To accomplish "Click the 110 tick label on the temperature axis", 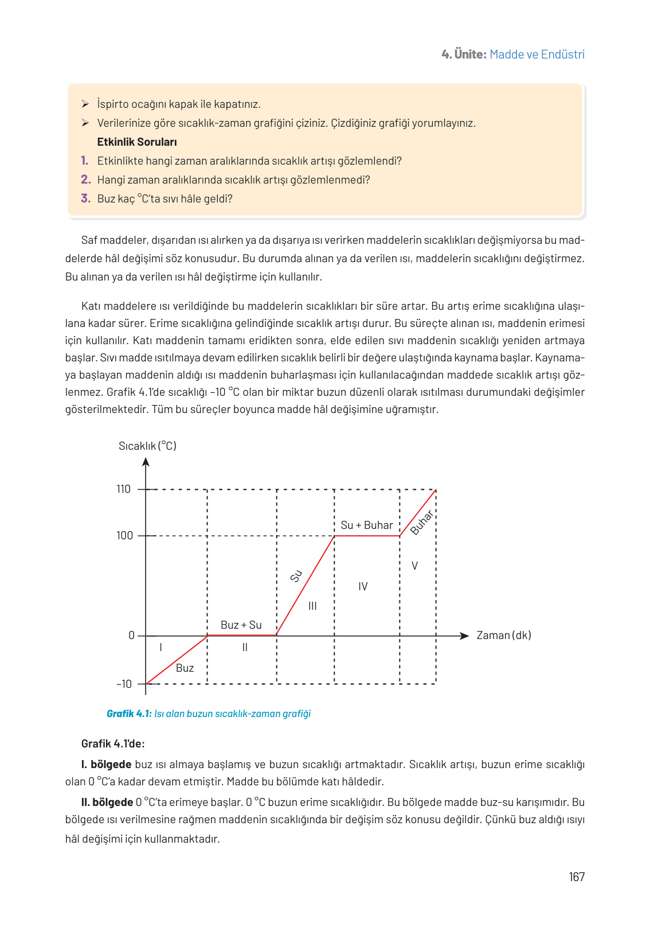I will (123, 489).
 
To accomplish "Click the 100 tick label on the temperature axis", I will (124, 536).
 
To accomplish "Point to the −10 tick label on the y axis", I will (124, 684).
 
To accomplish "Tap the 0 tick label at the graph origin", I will (131, 636).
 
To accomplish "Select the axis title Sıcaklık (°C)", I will (147, 446).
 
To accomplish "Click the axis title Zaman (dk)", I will (504, 636).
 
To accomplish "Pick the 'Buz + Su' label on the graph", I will (241, 625).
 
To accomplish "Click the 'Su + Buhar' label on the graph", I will (367, 525).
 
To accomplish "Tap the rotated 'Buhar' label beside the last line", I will (422, 522).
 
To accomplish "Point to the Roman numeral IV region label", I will (363, 587).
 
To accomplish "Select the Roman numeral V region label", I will (414, 566).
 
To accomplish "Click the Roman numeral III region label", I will (312, 606).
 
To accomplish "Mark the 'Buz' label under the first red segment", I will (185, 668).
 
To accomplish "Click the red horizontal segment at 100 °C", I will (367, 536).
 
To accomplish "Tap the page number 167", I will (577, 877).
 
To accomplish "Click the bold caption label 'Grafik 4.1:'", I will (129, 714).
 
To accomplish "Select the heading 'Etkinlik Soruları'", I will (137, 142).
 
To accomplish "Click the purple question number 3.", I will (85, 198).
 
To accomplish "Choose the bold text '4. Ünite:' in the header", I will (464, 54).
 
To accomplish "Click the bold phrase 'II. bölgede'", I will (107, 803).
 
